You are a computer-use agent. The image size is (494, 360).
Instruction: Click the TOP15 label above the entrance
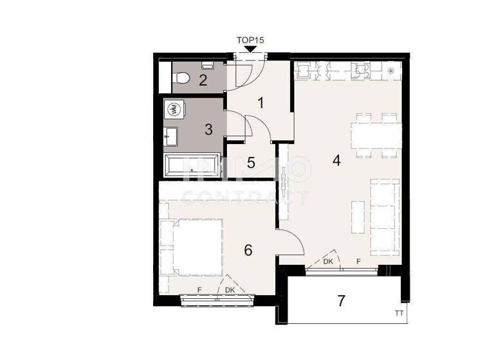[x=251, y=40]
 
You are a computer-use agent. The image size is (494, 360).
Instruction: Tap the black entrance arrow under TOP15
[x=251, y=49]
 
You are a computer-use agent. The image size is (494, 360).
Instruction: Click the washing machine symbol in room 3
[x=173, y=110]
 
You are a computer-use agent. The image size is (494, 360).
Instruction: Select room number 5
[x=252, y=163]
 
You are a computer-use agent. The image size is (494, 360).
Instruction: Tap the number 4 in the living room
[x=336, y=161]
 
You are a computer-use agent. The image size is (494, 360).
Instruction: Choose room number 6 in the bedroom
[x=248, y=250]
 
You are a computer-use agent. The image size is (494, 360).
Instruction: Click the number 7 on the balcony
[x=342, y=300]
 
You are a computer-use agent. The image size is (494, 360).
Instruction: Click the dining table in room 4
[x=376, y=135]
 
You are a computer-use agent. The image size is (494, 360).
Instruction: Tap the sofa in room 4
[x=384, y=208]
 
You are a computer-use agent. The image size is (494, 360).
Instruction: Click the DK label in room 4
[x=327, y=262]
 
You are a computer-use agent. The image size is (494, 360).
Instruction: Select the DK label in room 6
[x=230, y=291]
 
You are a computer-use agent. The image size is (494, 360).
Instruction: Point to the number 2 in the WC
[x=203, y=80]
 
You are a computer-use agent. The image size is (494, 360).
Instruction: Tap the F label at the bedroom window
[x=199, y=291]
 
